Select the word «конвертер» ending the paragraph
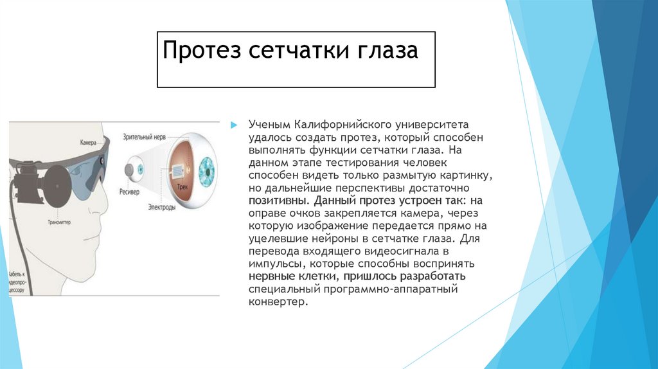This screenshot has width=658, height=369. pyautogui.click(x=274, y=301)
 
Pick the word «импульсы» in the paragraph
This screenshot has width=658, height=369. pyautogui.click(x=271, y=264)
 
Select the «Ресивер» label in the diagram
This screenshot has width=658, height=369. pyautogui.click(x=131, y=192)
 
